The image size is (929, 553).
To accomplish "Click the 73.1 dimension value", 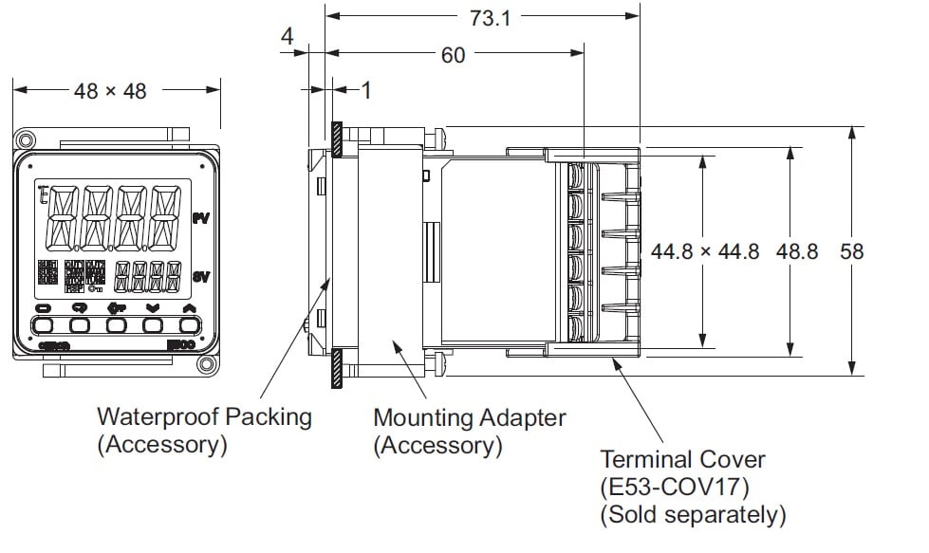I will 491,18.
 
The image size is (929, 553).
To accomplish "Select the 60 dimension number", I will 454,55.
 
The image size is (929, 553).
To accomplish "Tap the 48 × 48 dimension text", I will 110,91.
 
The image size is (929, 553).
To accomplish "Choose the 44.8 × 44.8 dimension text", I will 705,251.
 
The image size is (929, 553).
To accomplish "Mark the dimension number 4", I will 288,36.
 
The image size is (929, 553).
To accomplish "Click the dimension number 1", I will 366,90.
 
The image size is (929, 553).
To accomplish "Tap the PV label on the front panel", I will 200,218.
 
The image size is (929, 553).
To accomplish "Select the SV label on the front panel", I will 200,277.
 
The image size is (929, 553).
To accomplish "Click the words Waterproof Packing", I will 204,416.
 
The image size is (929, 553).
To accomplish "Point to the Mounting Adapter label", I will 469,417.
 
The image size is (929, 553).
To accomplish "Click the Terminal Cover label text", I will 682,460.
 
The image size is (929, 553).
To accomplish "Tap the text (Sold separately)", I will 693,515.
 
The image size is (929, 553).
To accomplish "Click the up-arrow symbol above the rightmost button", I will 189,307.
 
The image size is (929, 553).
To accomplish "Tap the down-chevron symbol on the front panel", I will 153,307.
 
